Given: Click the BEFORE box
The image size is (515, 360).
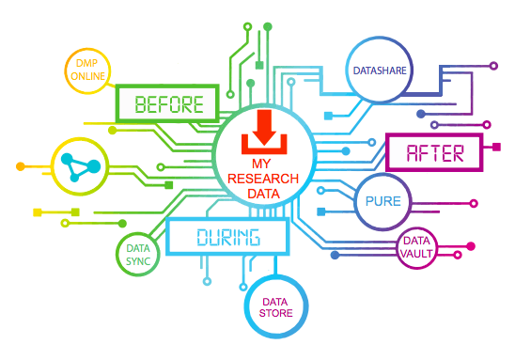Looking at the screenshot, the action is [166, 103].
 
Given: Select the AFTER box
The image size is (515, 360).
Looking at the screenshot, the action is [433, 152].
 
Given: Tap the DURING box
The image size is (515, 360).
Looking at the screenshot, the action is [228, 236].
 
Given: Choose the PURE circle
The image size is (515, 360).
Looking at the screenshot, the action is [382, 201].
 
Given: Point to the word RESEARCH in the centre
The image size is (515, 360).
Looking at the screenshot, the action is [264, 179].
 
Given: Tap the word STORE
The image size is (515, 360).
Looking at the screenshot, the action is [276, 312].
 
